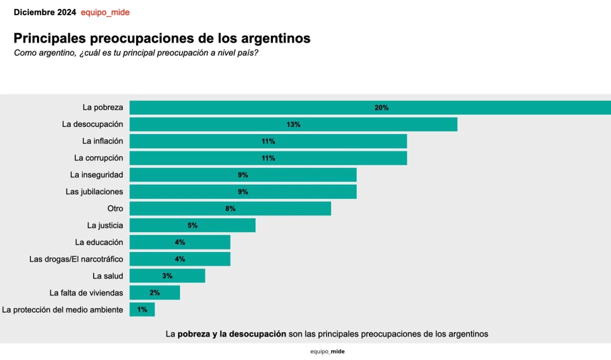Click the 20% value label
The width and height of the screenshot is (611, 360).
tap(381, 107)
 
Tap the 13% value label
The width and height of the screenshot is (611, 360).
tap(293, 124)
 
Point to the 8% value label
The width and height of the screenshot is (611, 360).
tap(230, 208)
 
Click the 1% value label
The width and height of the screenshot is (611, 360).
tap(142, 309)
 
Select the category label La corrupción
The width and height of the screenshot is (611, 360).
tap(98, 158)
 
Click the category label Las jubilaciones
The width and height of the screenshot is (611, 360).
tap(94, 191)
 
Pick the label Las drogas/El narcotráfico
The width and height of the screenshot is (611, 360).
tap(76, 259)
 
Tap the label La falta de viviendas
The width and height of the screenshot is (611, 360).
tap(86, 292)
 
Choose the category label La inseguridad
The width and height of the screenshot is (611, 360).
tap(96, 175)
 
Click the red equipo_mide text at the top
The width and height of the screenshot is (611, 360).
tap(105, 12)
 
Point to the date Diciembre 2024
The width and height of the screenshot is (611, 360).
tap(45, 12)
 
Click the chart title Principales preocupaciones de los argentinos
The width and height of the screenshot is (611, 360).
tap(162, 38)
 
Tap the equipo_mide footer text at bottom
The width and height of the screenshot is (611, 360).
tap(327, 351)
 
